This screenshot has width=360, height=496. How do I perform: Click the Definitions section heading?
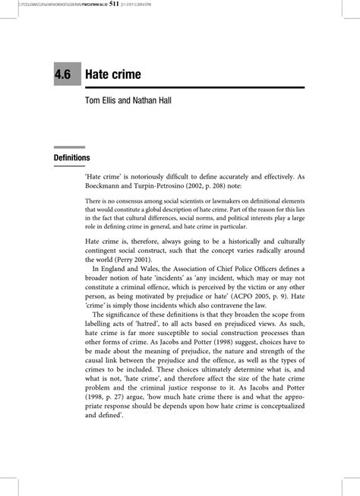(x=72, y=157)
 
